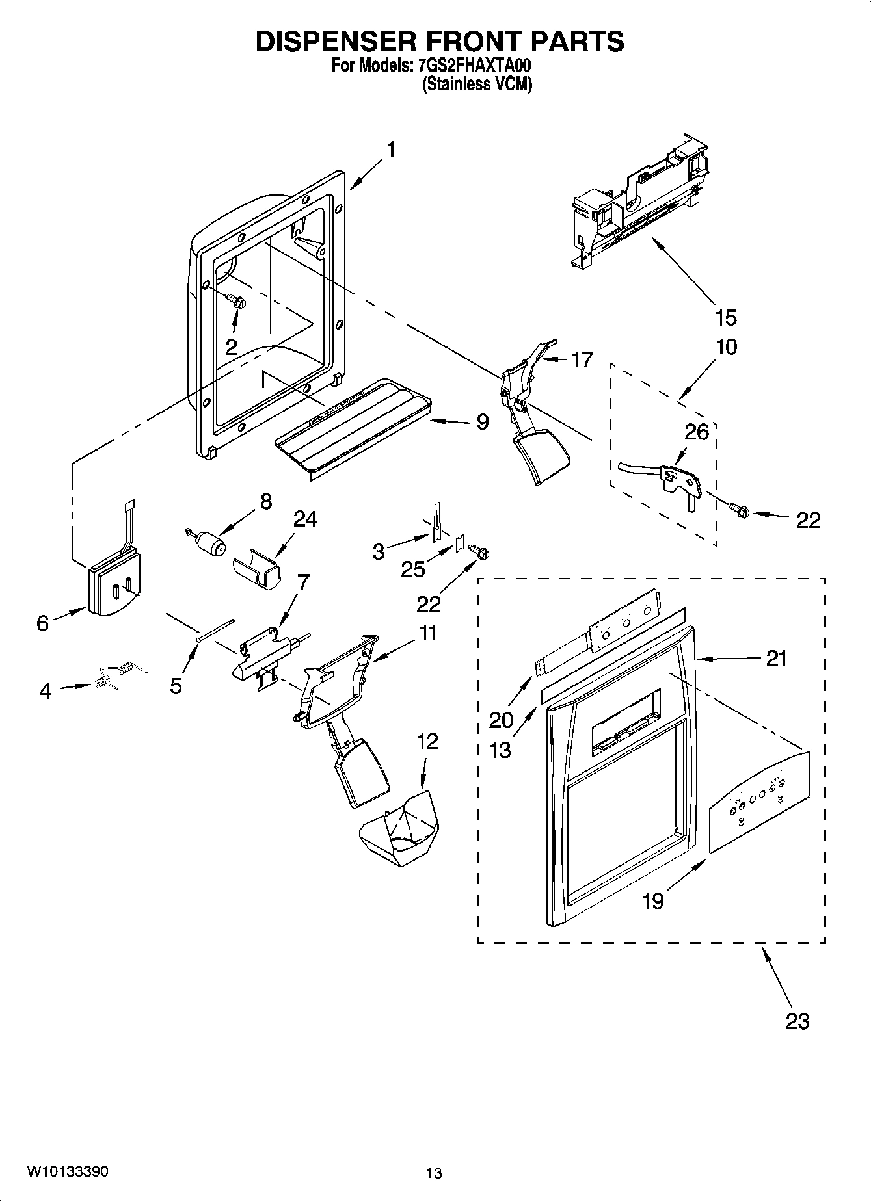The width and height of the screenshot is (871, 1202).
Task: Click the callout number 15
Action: pyautogui.click(x=726, y=318)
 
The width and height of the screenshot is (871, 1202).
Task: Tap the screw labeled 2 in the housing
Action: pyautogui.click(x=235, y=300)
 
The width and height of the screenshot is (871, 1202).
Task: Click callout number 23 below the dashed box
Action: pyautogui.click(x=797, y=1021)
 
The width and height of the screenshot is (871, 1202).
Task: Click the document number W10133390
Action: pyautogui.click(x=68, y=1171)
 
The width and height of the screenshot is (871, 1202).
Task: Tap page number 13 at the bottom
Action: pyautogui.click(x=434, y=1173)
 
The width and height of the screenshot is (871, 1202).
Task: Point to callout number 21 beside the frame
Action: pyautogui.click(x=776, y=659)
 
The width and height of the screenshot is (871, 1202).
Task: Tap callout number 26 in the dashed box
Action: pyautogui.click(x=696, y=432)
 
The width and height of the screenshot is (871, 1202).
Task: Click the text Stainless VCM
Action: pyautogui.click(x=477, y=85)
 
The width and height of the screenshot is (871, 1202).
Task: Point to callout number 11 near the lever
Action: pyautogui.click(x=427, y=633)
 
